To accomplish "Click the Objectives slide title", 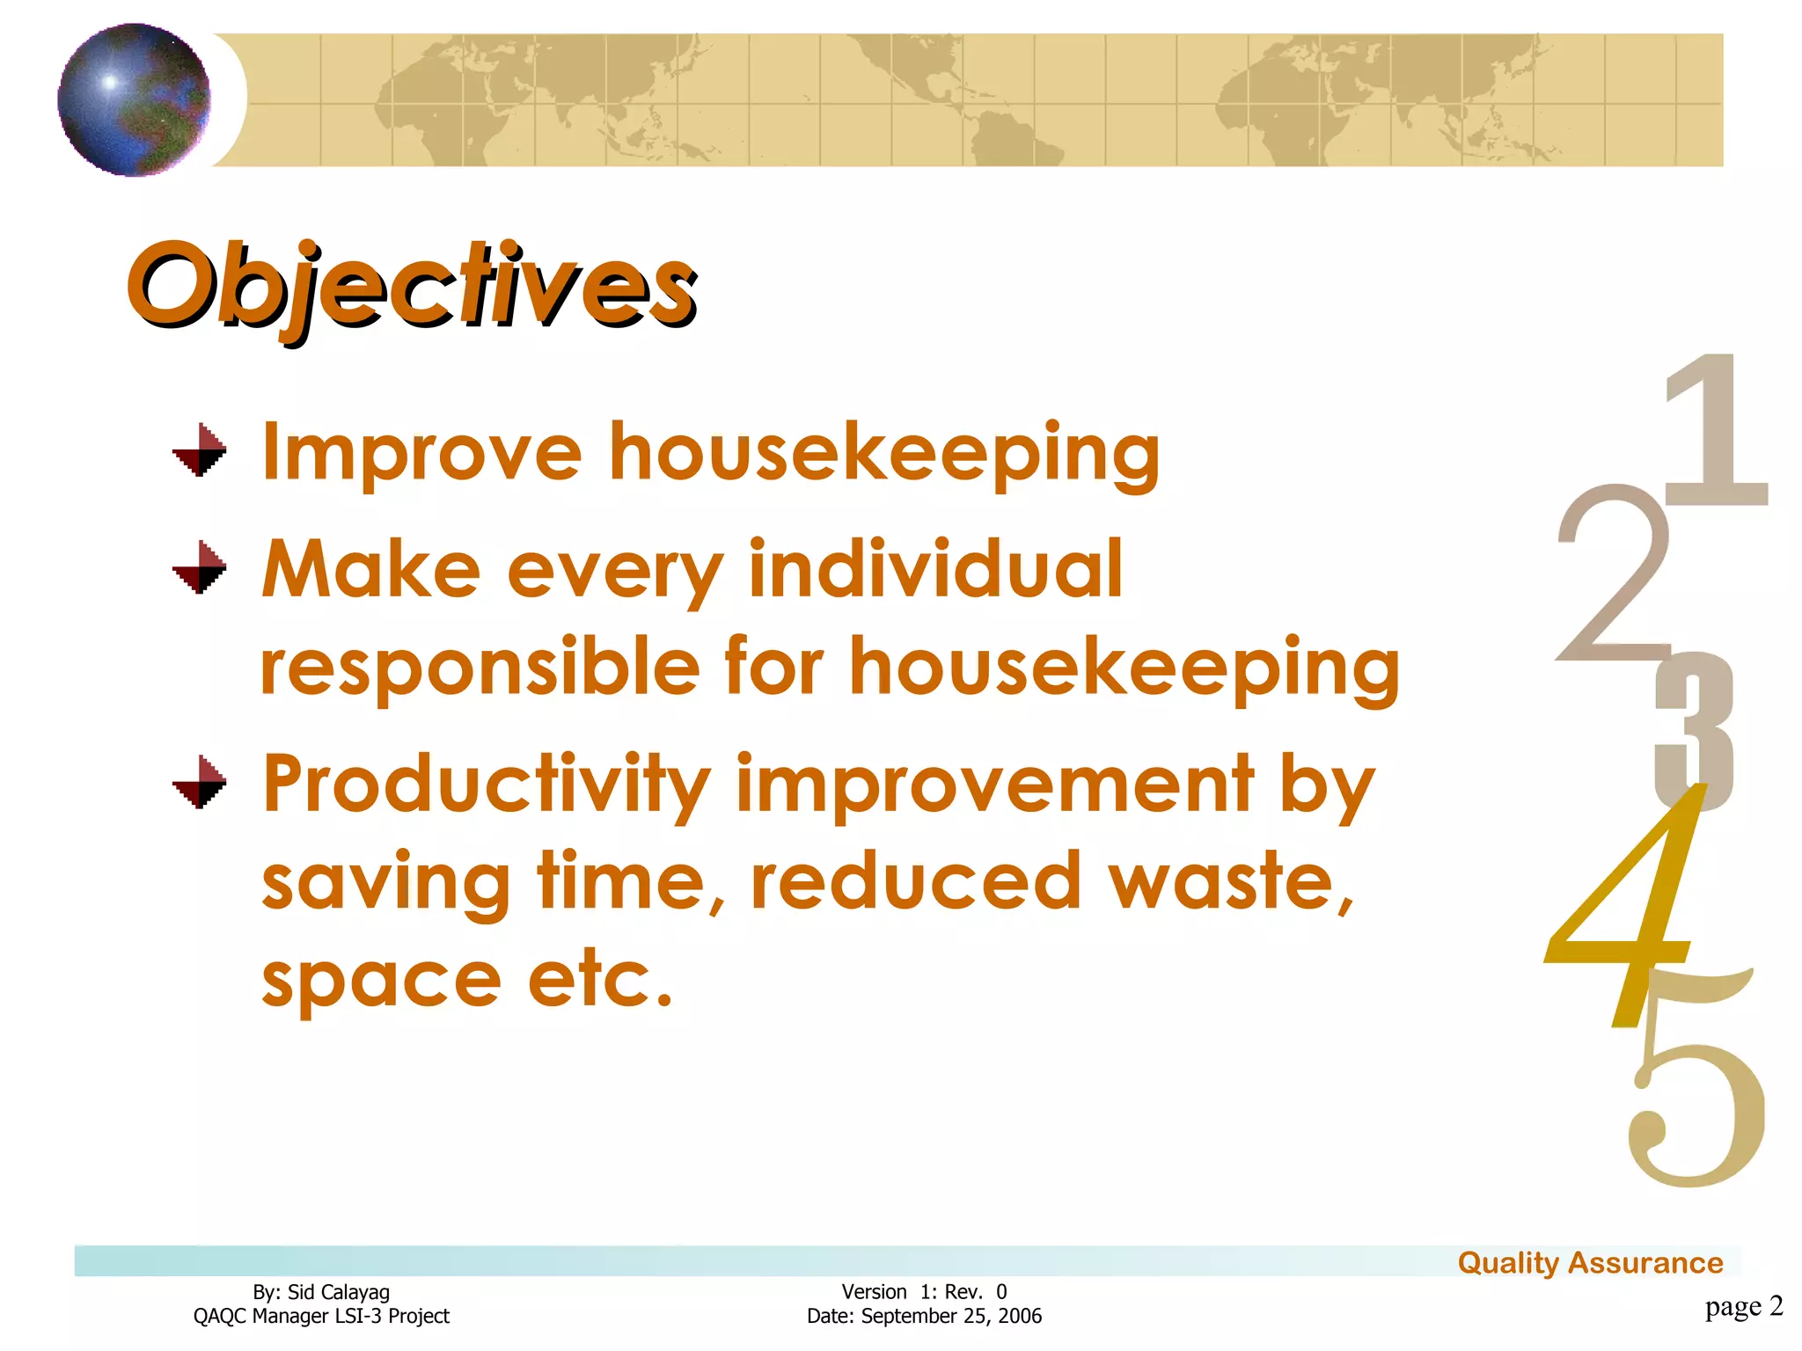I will pos(412,286).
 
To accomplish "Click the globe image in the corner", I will pos(134,99).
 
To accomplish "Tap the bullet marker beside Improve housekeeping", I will pos(200,450).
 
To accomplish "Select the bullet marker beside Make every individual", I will pos(200,567).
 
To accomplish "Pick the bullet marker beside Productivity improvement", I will pos(200,782).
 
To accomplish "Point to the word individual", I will pos(935,569).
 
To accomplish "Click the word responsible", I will pos(480,668).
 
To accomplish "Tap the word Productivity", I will pos(487,785).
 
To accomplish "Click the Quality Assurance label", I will pos(1590,1263).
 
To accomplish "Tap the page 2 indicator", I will pos(1743,1306).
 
